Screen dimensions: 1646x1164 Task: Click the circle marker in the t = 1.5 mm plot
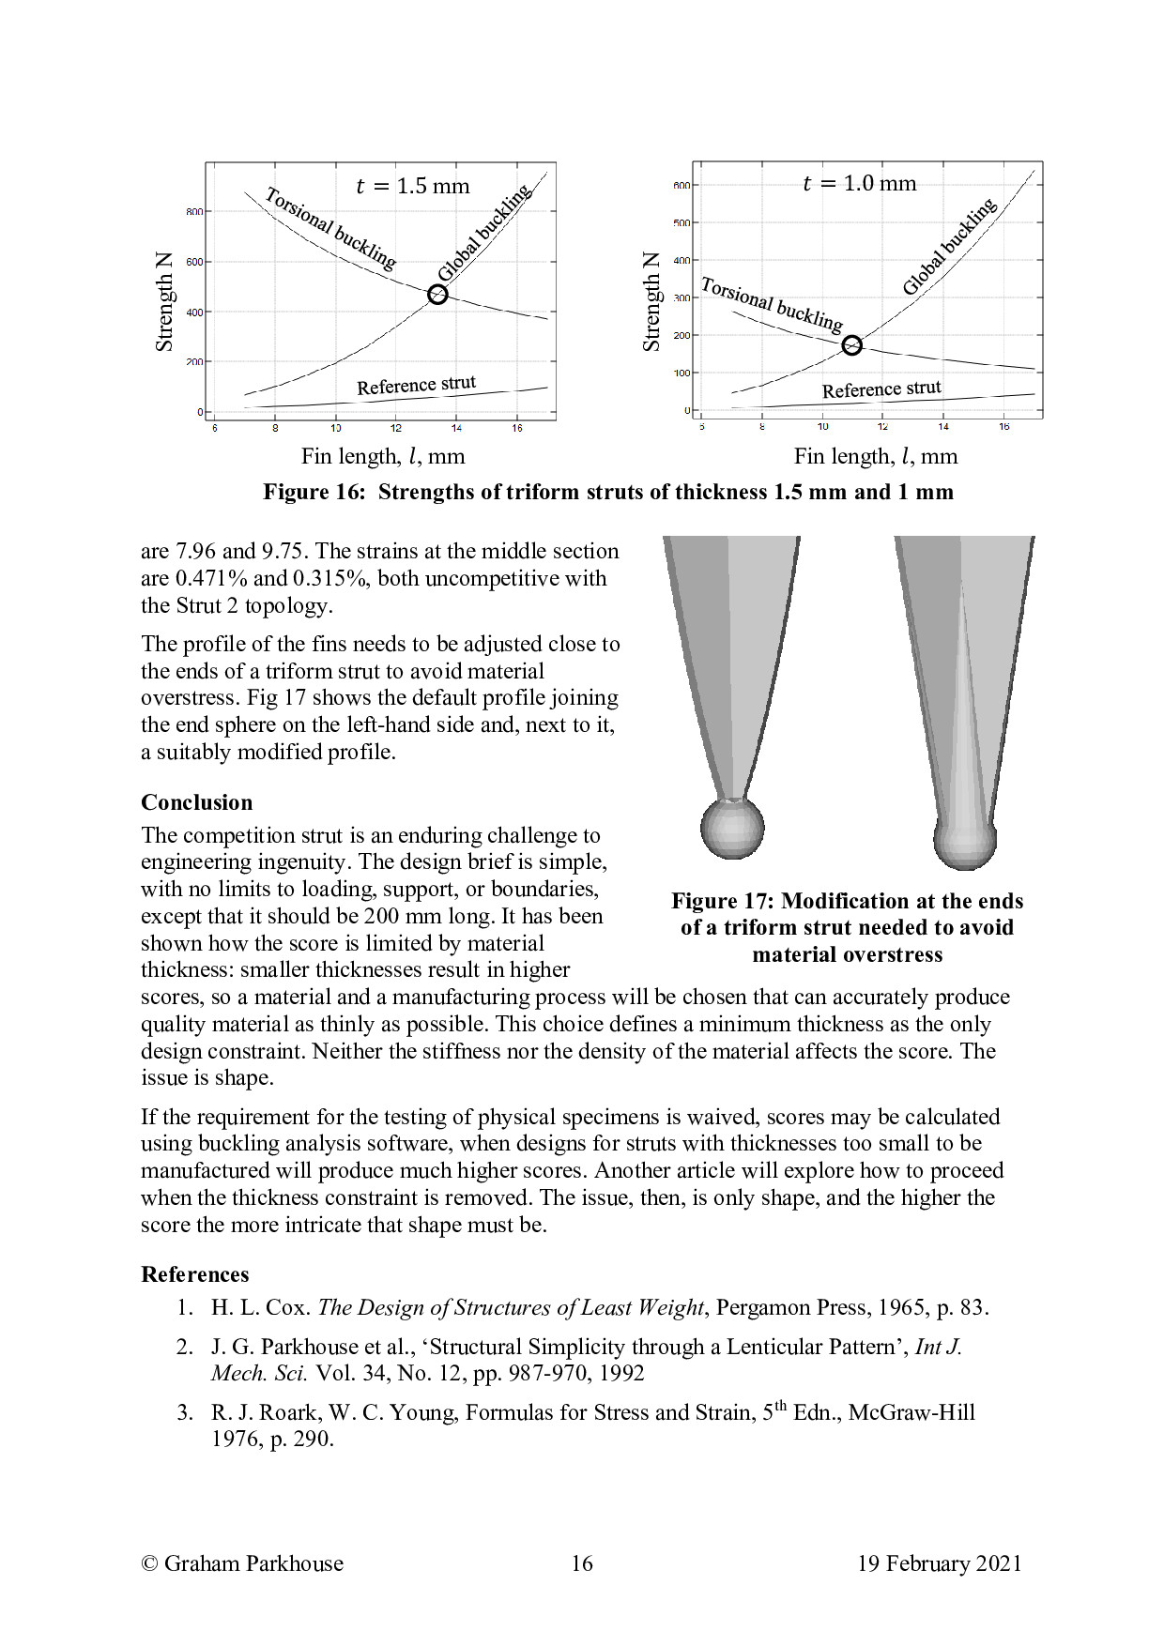point(437,295)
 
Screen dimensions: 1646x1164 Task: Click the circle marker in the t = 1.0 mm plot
point(851,345)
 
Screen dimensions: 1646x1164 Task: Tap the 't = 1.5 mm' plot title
point(413,186)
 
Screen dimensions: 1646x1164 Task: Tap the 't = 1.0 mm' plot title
point(859,183)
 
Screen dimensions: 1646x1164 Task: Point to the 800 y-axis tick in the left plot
point(194,212)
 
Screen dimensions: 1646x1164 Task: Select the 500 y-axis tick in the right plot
point(682,223)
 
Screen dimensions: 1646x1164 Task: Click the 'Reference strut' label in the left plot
point(416,385)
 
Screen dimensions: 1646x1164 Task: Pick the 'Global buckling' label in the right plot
point(949,246)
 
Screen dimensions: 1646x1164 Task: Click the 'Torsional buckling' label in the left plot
point(330,228)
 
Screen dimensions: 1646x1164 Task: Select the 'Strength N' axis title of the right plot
point(651,301)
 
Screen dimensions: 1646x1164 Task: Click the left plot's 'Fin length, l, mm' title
point(383,456)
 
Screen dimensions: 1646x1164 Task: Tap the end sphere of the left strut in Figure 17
point(732,828)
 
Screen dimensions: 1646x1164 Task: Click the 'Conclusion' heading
point(197,802)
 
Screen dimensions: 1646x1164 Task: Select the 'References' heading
point(195,1274)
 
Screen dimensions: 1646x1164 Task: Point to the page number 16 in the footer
point(582,1563)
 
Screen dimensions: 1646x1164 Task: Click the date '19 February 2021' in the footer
point(939,1563)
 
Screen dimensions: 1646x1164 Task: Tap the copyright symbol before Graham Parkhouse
point(149,1563)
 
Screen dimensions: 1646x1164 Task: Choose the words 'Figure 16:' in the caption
point(314,493)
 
